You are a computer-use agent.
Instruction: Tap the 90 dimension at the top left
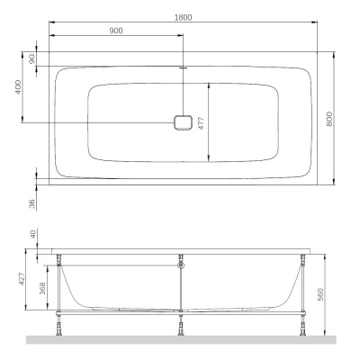[x=32, y=58]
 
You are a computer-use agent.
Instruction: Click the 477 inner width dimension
[x=202, y=123]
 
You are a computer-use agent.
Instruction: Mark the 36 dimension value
[x=32, y=205]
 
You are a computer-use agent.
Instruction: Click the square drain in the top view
[x=183, y=123]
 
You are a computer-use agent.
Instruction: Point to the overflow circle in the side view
[x=182, y=265]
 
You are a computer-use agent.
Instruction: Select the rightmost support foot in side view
[x=304, y=328]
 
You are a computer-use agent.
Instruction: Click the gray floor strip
[x=180, y=340]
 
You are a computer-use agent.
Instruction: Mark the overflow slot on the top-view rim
[x=183, y=67]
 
